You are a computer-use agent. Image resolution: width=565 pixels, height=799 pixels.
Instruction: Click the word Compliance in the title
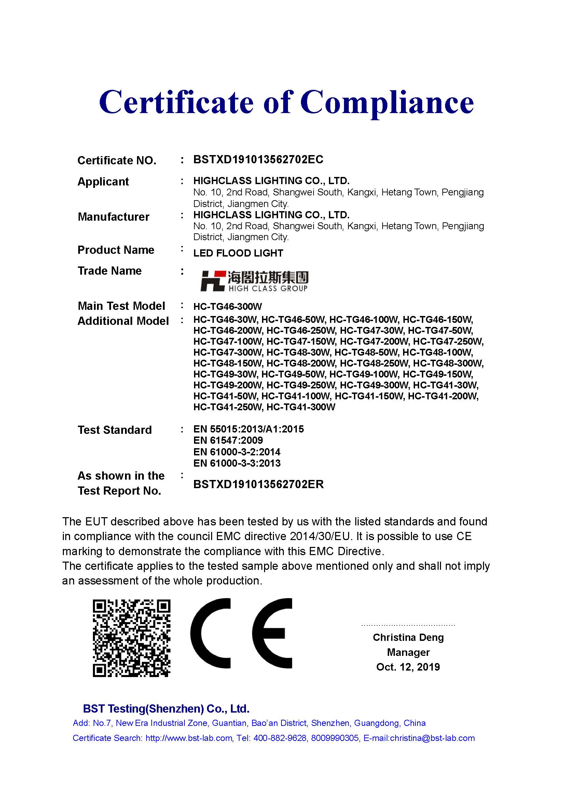pos(387,102)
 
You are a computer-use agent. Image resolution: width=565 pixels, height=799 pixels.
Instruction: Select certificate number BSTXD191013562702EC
pos(258,160)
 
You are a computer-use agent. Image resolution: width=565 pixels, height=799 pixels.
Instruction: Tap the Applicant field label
pos(103,182)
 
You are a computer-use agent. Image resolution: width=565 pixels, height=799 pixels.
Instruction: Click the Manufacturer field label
pos(113,217)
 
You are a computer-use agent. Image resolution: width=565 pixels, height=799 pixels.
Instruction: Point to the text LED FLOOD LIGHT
pos(238,253)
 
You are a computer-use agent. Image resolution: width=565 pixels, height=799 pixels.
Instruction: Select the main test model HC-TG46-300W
pos(228,306)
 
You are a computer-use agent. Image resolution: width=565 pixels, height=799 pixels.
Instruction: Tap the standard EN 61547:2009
pos(228,441)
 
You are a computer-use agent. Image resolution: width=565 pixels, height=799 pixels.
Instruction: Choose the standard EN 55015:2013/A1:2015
pos(248,429)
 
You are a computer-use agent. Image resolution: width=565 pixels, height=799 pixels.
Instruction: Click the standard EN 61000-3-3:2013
pos(237,463)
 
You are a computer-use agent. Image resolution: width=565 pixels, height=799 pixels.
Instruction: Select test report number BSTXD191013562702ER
pos(259,484)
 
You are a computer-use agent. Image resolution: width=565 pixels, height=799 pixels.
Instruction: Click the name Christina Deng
pos(408,637)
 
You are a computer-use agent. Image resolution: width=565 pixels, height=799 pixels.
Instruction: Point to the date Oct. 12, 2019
pos(408,667)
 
